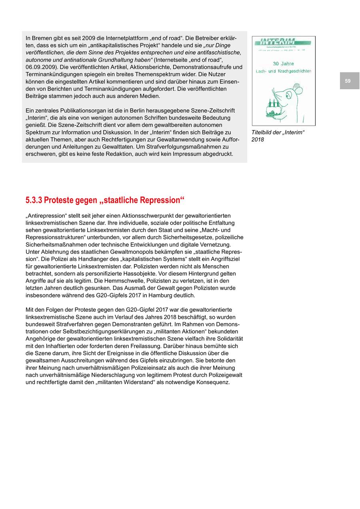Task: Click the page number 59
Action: click(x=348, y=81)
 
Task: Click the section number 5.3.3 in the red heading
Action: click(x=34, y=200)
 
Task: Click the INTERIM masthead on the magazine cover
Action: click(x=278, y=42)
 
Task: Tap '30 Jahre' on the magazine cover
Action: click(x=283, y=64)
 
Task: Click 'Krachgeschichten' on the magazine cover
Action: click(x=294, y=71)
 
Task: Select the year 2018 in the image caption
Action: click(x=258, y=140)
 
